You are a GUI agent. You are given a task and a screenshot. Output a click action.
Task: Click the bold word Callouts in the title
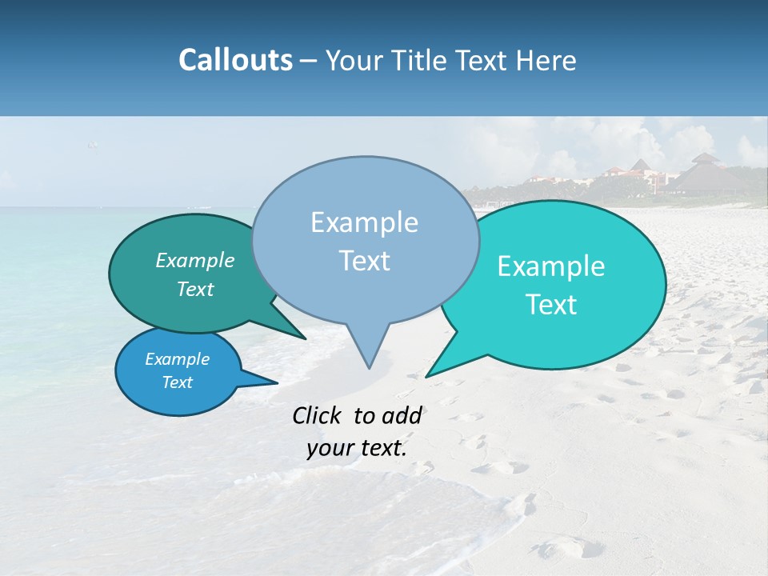235,60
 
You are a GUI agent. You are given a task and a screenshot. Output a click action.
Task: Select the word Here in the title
546,60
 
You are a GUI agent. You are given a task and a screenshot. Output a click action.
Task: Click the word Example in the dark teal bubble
195,260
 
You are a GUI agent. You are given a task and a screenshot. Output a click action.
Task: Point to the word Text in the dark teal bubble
195,289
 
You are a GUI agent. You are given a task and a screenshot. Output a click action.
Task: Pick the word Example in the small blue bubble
177,359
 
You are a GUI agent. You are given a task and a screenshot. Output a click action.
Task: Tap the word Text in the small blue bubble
177,382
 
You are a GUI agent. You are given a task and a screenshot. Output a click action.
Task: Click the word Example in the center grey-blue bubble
364,222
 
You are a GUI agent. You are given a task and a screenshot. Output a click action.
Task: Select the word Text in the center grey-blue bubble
364,261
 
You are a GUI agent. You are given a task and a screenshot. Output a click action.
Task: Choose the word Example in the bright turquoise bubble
551,266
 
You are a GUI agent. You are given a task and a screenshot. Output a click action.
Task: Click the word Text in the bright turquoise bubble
551,305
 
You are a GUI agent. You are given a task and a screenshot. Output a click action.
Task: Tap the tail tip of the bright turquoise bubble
427,376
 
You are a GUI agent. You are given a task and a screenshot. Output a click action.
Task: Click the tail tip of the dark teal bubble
305,338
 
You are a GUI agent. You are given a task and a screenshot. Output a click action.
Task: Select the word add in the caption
402,415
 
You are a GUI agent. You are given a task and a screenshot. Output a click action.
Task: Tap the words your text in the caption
357,448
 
